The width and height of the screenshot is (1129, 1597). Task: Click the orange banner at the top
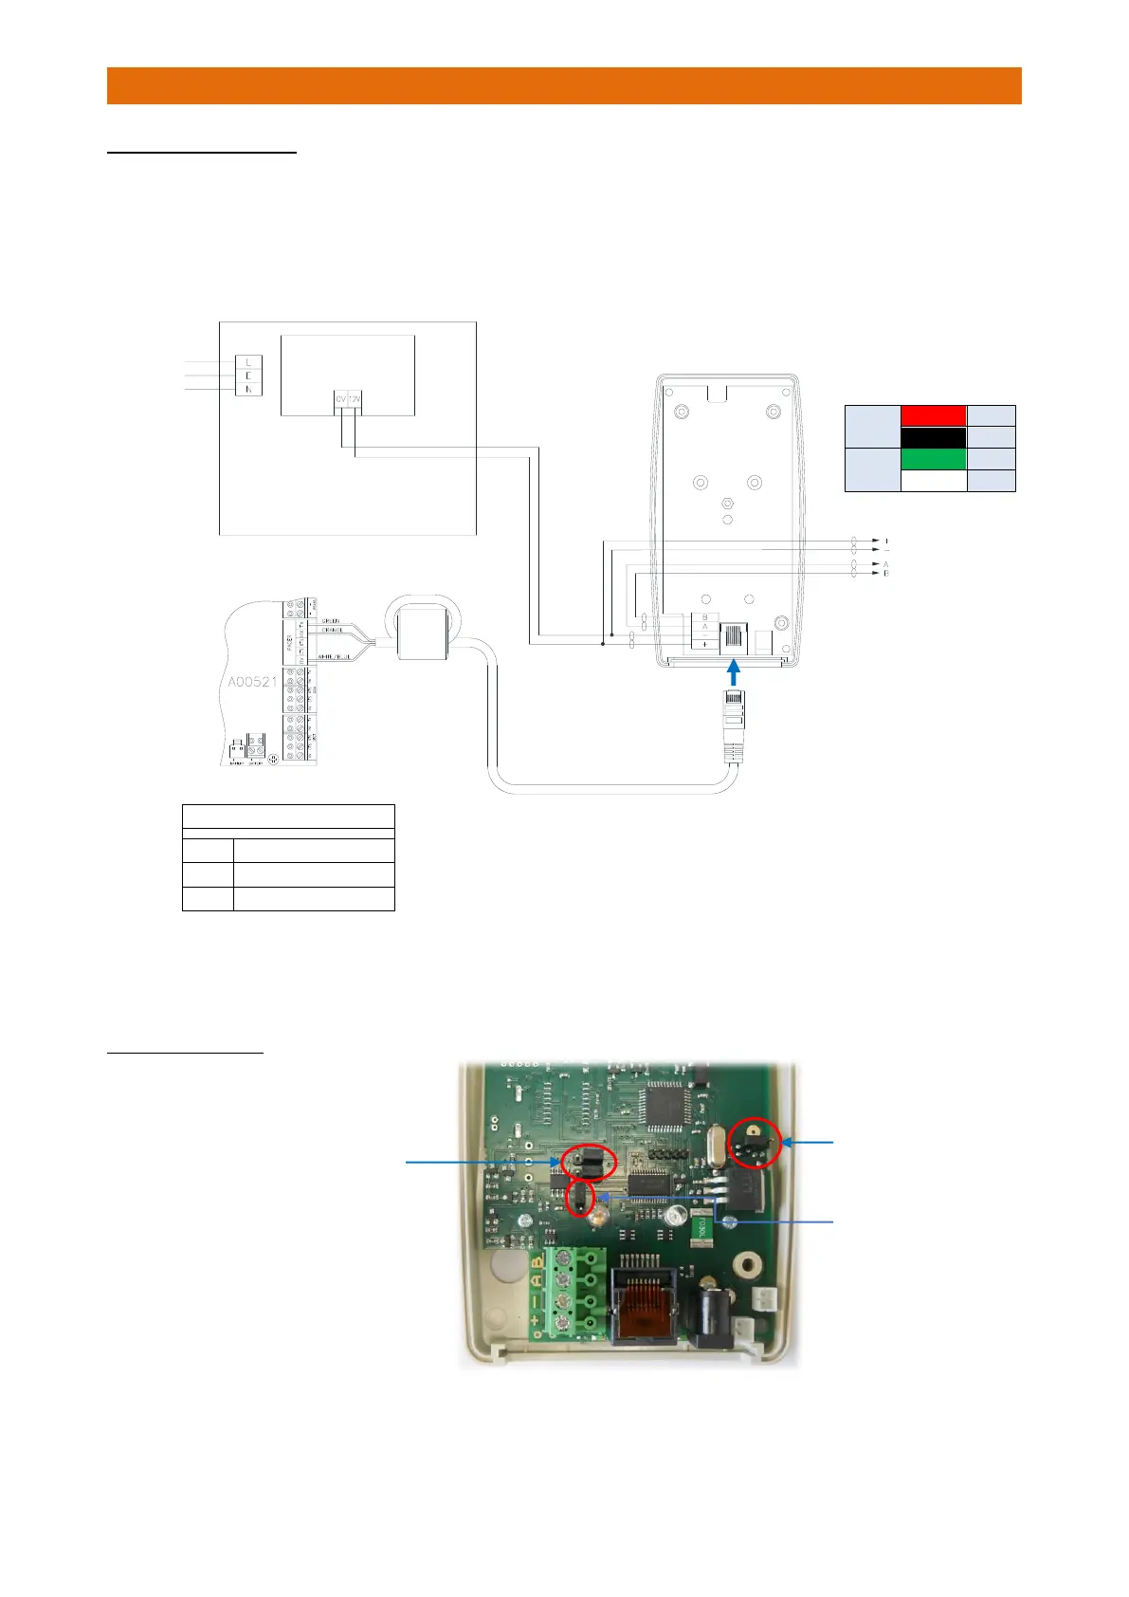564,85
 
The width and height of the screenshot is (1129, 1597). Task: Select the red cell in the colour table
933,415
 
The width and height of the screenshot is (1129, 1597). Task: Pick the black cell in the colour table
933,437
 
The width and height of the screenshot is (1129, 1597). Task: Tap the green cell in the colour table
933,459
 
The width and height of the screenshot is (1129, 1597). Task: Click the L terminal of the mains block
248,362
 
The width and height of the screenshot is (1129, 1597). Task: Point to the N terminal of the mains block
248,389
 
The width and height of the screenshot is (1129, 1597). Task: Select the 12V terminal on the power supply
355,400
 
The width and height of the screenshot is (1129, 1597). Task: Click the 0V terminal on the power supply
341,400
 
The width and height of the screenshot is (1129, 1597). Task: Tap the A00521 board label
253,682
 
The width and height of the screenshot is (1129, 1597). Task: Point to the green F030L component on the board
702,1228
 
